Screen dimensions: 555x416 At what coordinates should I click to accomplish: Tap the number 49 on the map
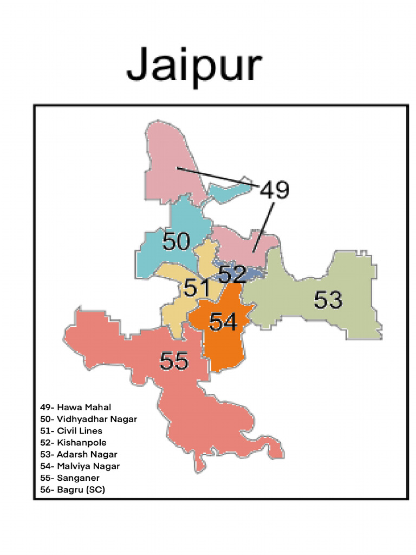tap(275, 190)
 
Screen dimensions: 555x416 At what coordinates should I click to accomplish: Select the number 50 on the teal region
tap(177, 241)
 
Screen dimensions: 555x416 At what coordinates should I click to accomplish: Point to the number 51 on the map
tap(196, 288)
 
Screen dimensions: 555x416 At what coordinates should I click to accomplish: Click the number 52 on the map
tap(233, 274)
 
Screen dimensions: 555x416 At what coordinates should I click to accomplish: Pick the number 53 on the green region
tap(328, 300)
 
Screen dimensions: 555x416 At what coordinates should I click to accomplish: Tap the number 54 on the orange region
tap(223, 322)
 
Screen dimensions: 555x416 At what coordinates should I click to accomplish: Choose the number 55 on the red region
tap(174, 361)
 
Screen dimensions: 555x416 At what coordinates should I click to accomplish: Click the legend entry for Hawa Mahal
tap(75, 407)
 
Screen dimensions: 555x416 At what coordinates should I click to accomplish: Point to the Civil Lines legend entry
tap(71, 431)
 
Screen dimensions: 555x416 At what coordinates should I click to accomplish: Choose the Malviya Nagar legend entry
tap(80, 466)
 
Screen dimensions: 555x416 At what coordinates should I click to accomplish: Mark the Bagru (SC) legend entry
tap(73, 490)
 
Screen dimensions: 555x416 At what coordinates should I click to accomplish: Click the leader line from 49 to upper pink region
tap(217, 176)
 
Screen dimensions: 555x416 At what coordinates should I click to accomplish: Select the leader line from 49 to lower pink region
tap(263, 228)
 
